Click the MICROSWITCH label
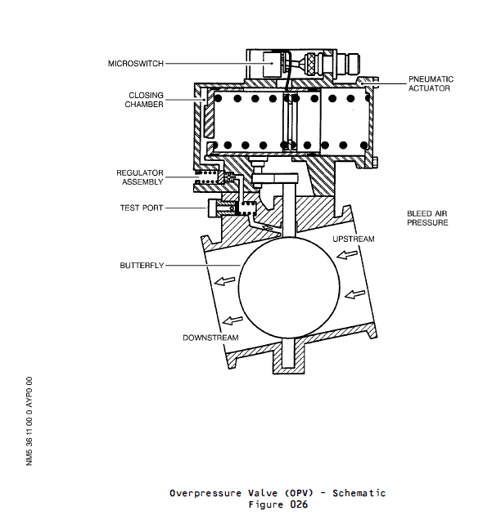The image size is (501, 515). tap(135, 63)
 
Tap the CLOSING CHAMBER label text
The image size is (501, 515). tap(144, 100)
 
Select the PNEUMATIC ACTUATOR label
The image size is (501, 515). tap(431, 83)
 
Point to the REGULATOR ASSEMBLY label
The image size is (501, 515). tap(140, 178)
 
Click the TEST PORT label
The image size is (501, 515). tap(141, 208)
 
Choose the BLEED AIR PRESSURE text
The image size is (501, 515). tap(427, 218)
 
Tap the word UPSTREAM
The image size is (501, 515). tap(353, 239)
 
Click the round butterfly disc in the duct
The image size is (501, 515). tap(289, 289)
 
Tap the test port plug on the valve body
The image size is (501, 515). tap(217, 209)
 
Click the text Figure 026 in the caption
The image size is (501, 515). tap(278, 504)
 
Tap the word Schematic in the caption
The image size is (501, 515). tap(359, 493)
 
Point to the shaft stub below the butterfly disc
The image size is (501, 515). tap(287, 353)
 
